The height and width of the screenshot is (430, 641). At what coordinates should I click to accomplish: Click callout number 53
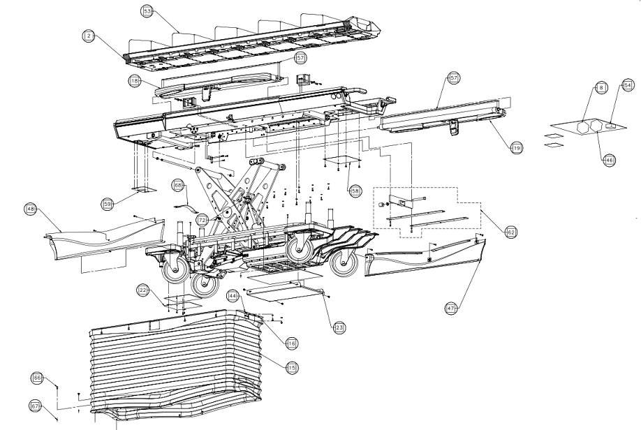click(x=147, y=12)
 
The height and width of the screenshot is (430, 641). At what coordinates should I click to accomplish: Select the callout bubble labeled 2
click(x=88, y=35)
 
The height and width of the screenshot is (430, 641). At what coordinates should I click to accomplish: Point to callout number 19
click(x=516, y=148)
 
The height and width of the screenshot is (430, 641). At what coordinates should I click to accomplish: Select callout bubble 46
click(x=610, y=160)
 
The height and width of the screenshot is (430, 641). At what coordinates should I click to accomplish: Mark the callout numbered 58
click(x=355, y=190)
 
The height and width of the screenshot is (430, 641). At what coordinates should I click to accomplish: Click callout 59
click(x=108, y=204)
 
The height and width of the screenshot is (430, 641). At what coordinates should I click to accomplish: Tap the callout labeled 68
click(x=179, y=186)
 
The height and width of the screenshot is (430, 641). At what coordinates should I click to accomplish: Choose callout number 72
click(x=202, y=220)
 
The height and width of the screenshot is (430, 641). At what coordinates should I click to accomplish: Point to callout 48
click(x=30, y=209)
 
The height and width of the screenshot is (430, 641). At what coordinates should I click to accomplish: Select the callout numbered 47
click(x=452, y=306)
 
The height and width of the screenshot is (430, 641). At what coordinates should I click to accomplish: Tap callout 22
click(x=142, y=290)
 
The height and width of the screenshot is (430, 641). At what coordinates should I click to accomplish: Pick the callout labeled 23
click(x=339, y=327)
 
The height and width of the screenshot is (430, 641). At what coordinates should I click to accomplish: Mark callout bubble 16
click(x=291, y=343)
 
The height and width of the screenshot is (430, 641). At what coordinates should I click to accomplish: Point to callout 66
click(x=37, y=378)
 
